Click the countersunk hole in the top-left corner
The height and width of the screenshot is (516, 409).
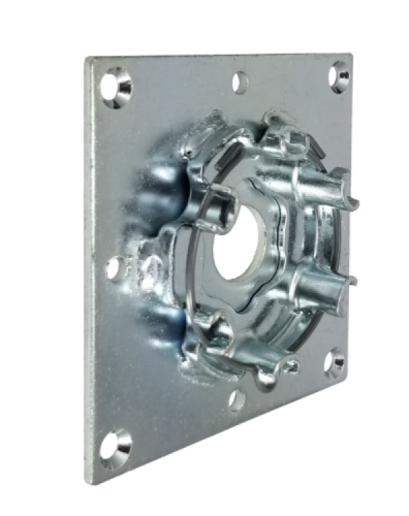(x=116, y=87)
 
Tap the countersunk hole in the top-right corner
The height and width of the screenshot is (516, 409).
(x=338, y=76)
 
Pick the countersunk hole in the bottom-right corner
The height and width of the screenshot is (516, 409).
(x=335, y=363)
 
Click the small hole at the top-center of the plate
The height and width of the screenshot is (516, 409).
(x=240, y=83)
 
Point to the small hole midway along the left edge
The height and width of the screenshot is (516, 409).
(x=115, y=268)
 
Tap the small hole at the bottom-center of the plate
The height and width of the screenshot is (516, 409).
(x=236, y=399)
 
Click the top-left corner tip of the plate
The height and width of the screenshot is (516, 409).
(x=87, y=58)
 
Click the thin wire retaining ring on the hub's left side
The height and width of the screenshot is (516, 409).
(x=189, y=255)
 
